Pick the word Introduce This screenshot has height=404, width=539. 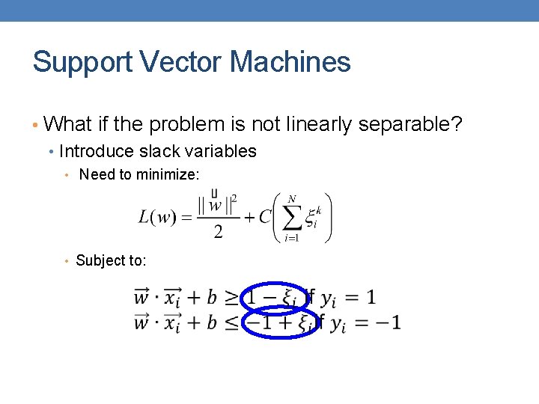coord(93,151)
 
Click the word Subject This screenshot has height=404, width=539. coord(99,260)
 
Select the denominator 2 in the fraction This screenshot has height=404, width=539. coord(218,233)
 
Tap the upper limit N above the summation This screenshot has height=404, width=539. coord(292,198)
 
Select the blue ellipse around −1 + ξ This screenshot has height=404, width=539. coord(279,322)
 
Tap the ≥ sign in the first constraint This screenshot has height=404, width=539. coord(233,298)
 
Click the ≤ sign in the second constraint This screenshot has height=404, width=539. coord(233,323)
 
